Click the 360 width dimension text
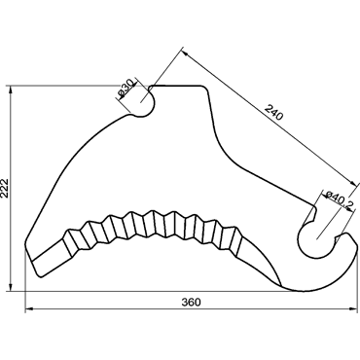tap(191, 303)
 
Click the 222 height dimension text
tap(6, 188)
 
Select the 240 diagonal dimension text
tap(274, 112)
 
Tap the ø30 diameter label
tap(126, 89)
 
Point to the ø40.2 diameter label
tap(340, 201)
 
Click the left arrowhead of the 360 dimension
tap(29, 309)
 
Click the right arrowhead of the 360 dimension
tap(353, 309)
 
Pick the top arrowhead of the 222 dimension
tap(11, 90)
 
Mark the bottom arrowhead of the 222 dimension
tap(11, 287)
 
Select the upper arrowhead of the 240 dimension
tap(184, 51)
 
